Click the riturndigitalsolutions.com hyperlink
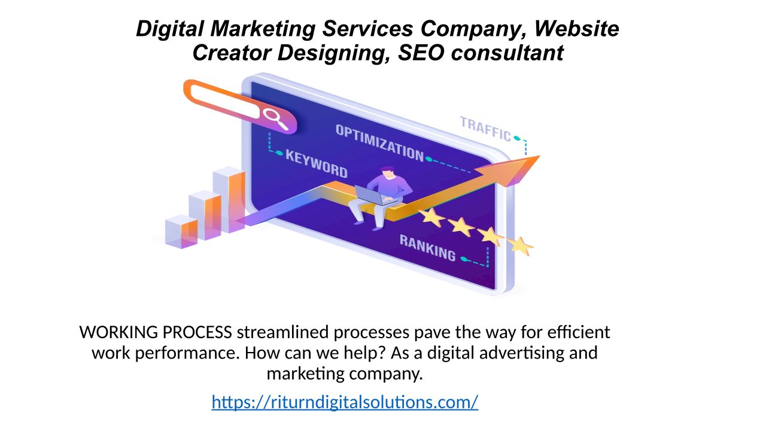coord(345,402)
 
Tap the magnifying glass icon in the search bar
coord(276,119)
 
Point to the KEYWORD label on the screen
coord(316,163)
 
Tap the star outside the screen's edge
coord(521,245)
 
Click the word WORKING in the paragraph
coord(116,332)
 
